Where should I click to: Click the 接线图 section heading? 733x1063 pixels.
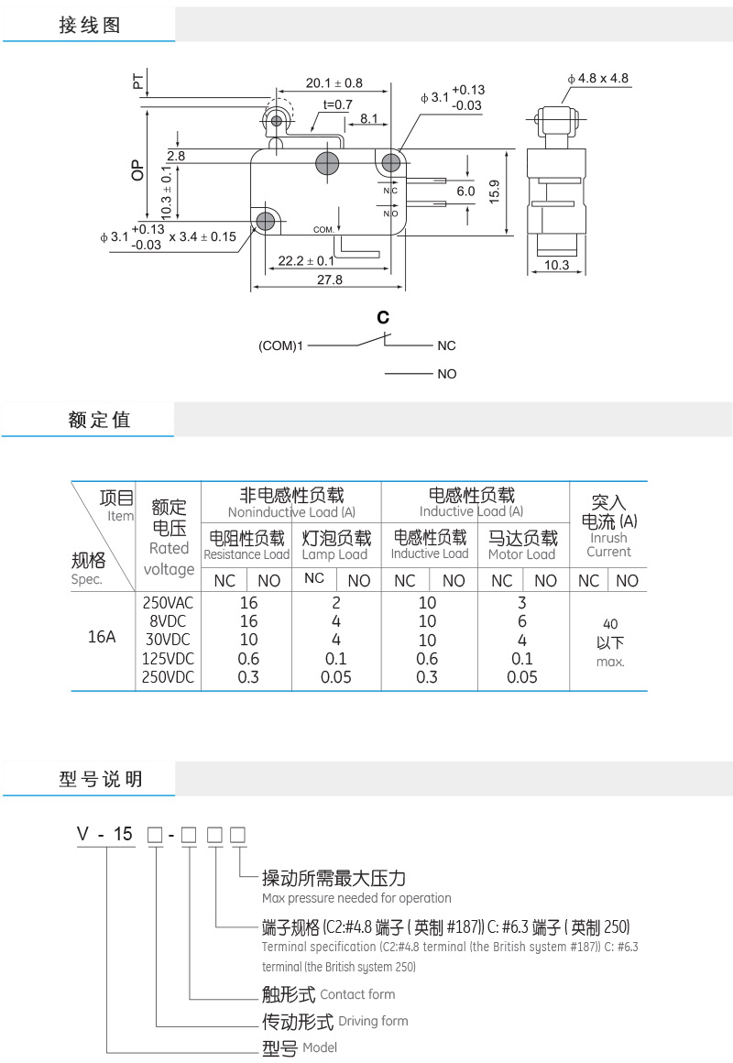click(x=90, y=26)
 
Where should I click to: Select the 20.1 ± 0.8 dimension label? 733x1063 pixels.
click(x=334, y=82)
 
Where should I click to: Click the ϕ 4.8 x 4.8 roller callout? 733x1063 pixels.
click(x=597, y=78)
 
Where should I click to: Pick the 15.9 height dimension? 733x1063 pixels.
click(x=494, y=192)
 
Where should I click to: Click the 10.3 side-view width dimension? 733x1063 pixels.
click(x=556, y=266)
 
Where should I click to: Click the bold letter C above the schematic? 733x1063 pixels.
click(x=383, y=318)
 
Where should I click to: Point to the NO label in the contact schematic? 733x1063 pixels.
click(x=446, y=374)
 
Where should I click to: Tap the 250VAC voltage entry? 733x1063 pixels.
click(x=169, y=603)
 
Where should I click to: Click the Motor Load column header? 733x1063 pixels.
click(x=521, y=554)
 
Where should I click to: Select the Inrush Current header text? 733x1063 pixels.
click(x=608, y=544)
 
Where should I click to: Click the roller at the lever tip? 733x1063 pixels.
click(x=276, y=118)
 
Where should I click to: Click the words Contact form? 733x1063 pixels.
click(x=357, y=994)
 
